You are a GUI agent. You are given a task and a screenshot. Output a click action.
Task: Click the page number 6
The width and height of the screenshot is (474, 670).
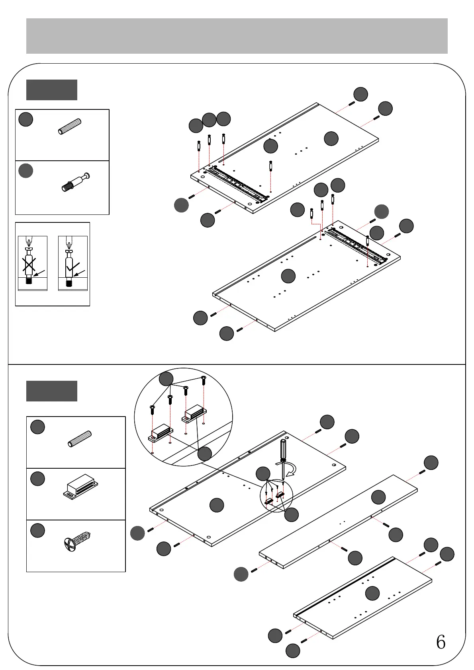click(x=441, y=642)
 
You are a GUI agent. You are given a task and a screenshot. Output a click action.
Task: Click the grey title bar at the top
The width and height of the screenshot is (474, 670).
click(x=237, y=36)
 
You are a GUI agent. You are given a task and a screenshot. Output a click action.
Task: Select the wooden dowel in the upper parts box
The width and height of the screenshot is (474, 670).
click(x=70, y=126)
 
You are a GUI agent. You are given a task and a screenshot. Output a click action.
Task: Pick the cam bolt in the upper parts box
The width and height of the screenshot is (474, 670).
click(x=76, y=182)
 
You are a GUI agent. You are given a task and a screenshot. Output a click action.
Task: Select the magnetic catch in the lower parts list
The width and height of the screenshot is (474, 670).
click(x=80, y=486)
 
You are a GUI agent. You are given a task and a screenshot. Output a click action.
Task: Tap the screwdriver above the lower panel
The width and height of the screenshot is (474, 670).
click(x=283, y=458)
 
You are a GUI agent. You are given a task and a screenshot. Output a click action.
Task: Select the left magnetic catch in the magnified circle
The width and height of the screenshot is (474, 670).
click(x=161, y=432)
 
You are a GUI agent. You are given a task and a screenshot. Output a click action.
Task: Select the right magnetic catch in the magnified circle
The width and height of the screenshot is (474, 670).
click(x=194, y=413)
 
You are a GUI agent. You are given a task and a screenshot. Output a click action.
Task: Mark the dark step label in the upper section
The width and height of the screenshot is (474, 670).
click(x=52, y=90)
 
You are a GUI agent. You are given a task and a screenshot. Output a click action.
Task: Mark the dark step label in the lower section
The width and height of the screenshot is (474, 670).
click(x=52, y=391)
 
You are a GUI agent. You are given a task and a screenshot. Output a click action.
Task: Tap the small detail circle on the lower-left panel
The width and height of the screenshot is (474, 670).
click(x=276, y=496)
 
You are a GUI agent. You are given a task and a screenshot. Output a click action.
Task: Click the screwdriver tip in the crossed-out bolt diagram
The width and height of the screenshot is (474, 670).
click(x=28, y=242)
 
